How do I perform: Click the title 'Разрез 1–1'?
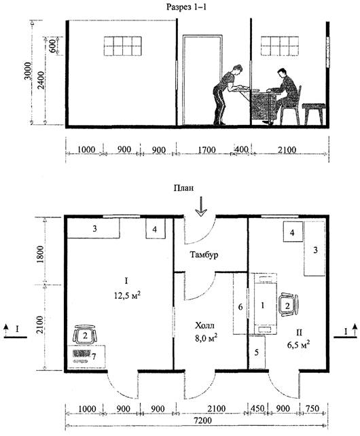click(x=186, y=7)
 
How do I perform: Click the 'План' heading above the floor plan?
click(x=183, y=188)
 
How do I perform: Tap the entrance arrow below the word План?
click(x=201, y=206)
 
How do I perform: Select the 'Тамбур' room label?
click(x=204, y=255)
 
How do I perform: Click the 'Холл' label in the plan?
click(x=204, y=325)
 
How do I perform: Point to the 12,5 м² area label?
click(x=126, y=295)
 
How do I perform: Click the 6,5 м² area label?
click(x=298, y=344)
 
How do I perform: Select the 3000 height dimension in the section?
click(x=28, y=71)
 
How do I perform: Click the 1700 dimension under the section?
click(x=206, y=150)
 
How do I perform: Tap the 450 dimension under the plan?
click(x=257, y=409)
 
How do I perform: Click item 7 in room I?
click(x=86, y=357)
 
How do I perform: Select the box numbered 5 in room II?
click(x=257, y=352)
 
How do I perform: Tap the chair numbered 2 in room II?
click(x=288, y=305)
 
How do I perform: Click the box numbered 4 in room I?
click(x=156, y=229)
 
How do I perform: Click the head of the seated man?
click(x=282, y=73)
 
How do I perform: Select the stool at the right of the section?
click(x=314, y=114)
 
